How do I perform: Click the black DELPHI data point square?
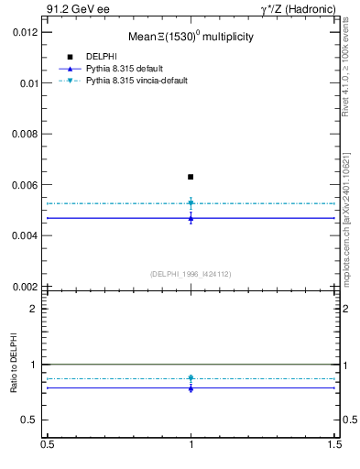tap(191, 177)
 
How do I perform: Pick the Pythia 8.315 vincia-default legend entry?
tap(136, 81)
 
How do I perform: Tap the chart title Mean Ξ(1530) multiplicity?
tap(191, 38)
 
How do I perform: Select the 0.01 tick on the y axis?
tap(28, 82)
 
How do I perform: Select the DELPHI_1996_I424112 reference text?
tap(191, 274)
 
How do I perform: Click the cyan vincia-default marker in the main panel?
tap(191, 203)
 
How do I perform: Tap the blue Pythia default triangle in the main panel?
tap(191, 217)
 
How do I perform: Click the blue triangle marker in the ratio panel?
tap(191, 387)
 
